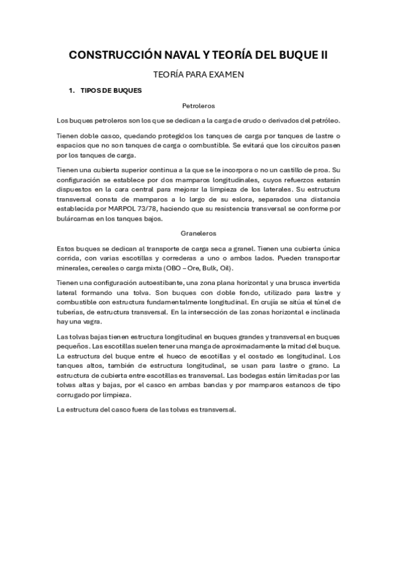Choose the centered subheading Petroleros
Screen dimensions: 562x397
coord(198,105)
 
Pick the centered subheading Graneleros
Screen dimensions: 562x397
coord(198,233)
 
